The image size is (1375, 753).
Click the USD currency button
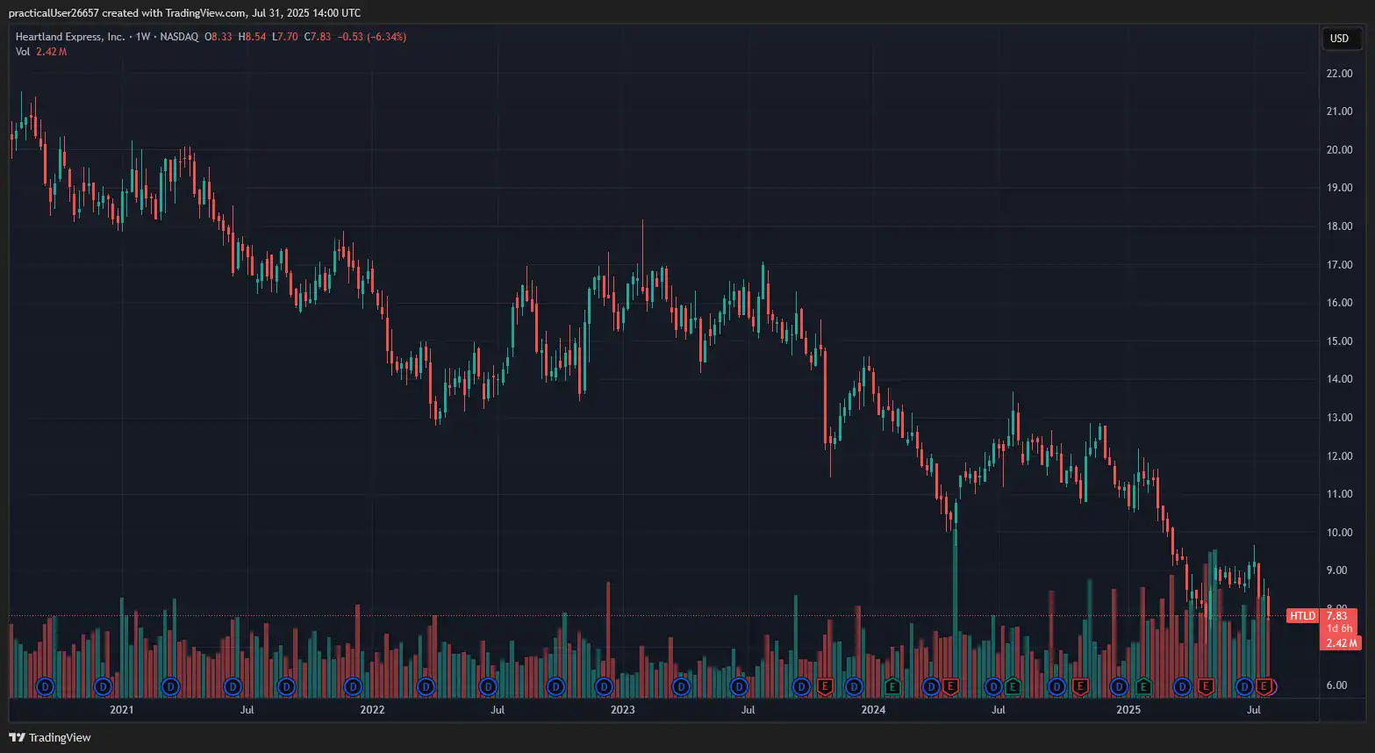click(1339, 38)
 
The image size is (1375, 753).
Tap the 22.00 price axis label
click(1339, 73)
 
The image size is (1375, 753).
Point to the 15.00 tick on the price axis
click(1339, 341)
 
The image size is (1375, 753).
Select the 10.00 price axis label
click(1339, 532)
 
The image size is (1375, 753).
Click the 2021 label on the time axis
click(122, 709)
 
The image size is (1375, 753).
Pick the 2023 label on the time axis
click(622, 709)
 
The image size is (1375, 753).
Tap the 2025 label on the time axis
click(1128, 709)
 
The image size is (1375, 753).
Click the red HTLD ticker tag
click(1302, 615)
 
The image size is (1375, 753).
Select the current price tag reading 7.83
click(1337, 615)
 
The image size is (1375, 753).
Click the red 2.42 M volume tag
click(1341, 643)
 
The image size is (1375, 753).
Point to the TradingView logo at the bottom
click(50, 737)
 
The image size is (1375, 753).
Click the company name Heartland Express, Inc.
click(70, 37)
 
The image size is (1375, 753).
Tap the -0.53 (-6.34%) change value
click(371, 37)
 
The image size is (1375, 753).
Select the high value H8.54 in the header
click(253, 37)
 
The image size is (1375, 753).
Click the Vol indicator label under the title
click(23, 52)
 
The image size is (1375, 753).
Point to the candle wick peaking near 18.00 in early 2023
click(642, 252)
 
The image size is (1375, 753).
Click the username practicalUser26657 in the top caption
click(54, 13)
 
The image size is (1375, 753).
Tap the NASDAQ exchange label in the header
click(179, 37)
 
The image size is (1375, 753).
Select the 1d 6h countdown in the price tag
click(1339, 628)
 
